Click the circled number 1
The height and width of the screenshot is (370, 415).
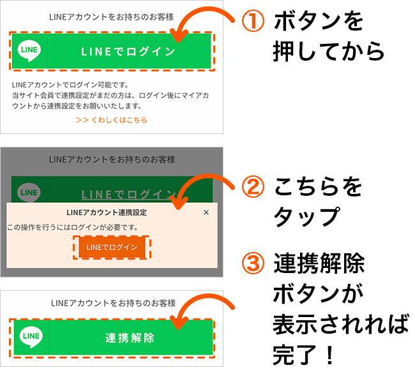[253, 21]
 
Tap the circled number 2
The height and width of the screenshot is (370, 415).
[253, 187]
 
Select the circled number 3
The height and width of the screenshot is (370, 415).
[253, 263]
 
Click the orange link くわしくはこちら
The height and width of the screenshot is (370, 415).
[111, 120]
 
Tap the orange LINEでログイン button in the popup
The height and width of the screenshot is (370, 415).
[112, 248]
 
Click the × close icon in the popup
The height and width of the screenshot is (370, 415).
[206, 212]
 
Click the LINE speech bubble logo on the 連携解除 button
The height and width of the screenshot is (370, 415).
[31, 337]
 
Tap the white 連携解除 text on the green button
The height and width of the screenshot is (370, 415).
[130, 338]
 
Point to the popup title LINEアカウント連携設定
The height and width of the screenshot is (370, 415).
[107, 212]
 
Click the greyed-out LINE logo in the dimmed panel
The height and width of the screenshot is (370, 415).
[29, 192]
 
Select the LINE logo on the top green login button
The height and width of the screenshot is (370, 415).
[29, 51]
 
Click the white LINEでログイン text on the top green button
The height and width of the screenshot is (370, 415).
[128, 52]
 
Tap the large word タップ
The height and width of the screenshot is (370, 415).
[306, 217]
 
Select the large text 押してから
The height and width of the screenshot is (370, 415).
[328, 51]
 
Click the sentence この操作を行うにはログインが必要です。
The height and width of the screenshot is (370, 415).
[73, 227]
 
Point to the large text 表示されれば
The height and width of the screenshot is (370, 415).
[341, 324]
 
